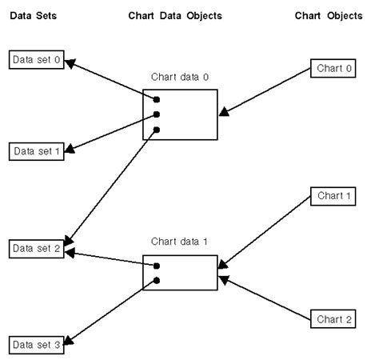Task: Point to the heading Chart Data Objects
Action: [174, 15]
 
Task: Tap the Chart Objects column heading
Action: [328, 15]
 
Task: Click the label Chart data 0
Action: [179, 78]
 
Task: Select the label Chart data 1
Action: [179, 241]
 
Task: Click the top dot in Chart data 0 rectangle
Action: [157, 99]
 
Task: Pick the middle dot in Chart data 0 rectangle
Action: [157, 114]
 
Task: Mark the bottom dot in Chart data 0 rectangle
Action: [157, 129]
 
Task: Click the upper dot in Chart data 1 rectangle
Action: [157, 266]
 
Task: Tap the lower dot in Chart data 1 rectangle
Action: [157, 280]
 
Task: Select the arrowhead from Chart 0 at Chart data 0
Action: [223, 114]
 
